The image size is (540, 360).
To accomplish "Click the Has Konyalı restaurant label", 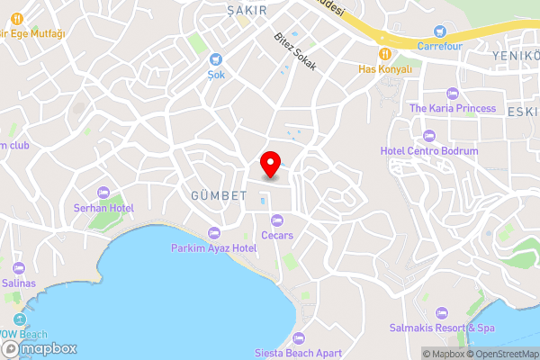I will pyautogui.click(x=384, y=68).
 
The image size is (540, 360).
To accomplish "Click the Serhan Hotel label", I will pyautogui.click(x=103, y=208).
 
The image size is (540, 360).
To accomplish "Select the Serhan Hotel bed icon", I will pyautogui.click(x=103, y=193).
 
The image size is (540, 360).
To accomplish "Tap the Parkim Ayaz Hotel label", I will pyautogui.click(x=214, y=247).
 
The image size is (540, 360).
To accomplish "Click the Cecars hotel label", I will pyautogui.click(x=277, y=235).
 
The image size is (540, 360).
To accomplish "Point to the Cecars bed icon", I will pyautogui.click(x=277, y=220).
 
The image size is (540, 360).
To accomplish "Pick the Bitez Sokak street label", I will pyautogui.click(x=295, y=55).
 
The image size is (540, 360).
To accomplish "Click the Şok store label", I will pyautogui.click(x=216, y=76).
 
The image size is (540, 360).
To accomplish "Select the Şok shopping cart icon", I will pyautogui.click(x=216, y=61).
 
